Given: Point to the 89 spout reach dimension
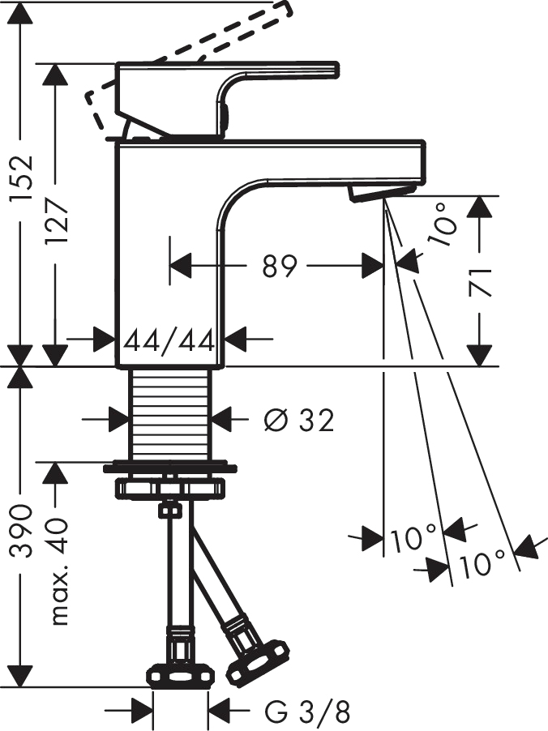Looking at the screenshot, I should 280,266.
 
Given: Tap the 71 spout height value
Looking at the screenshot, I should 482,280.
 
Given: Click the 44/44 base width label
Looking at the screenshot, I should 169,338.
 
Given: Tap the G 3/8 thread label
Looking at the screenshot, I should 307,712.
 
